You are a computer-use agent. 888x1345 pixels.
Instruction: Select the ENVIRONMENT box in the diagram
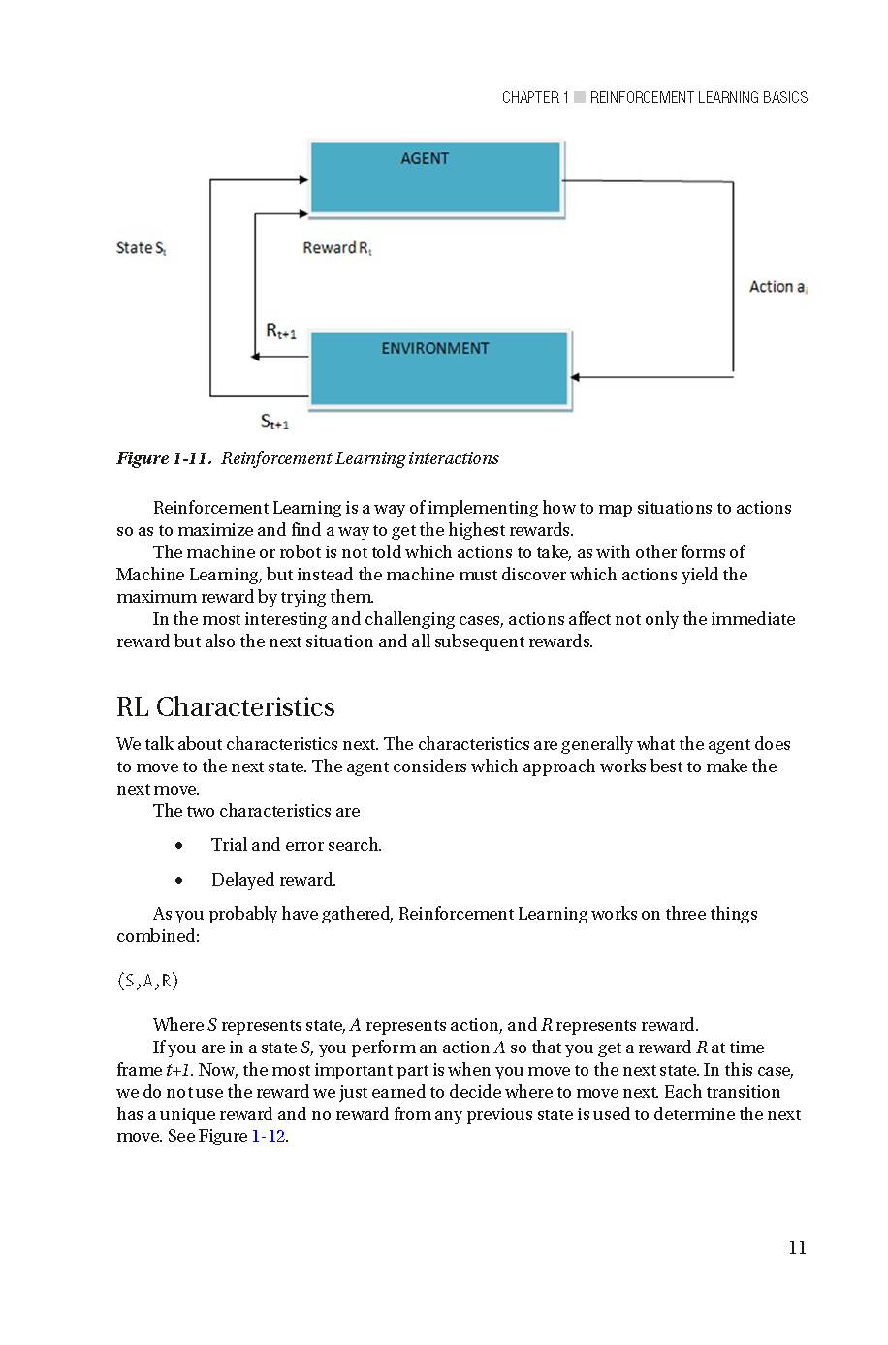(439, 367)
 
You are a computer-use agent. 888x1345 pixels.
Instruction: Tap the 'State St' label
(142, 248)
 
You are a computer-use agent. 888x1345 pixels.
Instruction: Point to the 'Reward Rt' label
(337, 248)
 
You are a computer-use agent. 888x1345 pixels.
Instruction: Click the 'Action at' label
(777, 287)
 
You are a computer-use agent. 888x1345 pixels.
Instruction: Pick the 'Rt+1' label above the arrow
(280, 331)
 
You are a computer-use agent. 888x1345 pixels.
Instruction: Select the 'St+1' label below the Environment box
(274, 422)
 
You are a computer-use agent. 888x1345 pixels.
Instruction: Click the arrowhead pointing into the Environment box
(576, 377)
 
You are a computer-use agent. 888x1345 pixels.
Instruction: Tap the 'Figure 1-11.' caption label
(164, 458)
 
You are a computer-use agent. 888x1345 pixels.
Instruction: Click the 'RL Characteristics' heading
(225, 707)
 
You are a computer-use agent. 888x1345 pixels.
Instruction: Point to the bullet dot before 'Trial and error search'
(179, 846)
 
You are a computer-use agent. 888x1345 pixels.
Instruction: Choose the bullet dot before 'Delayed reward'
(179, 881)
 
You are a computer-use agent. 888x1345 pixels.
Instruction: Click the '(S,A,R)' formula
(147, 981)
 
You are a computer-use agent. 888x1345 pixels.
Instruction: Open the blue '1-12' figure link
(269, 1137)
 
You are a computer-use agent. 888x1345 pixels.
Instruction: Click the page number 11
(797, 1248)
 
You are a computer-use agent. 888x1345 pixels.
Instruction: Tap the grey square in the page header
(580, 97)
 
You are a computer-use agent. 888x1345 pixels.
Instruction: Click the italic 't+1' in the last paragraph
(177, 1070)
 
